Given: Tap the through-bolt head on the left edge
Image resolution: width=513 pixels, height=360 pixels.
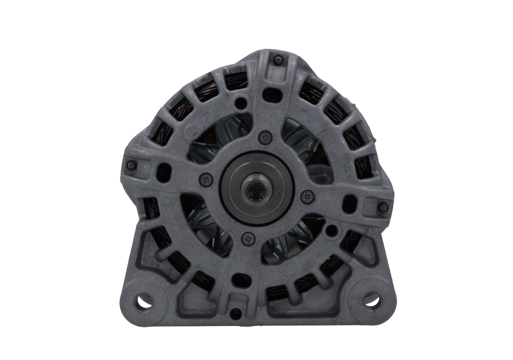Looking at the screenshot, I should [131, 165].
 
